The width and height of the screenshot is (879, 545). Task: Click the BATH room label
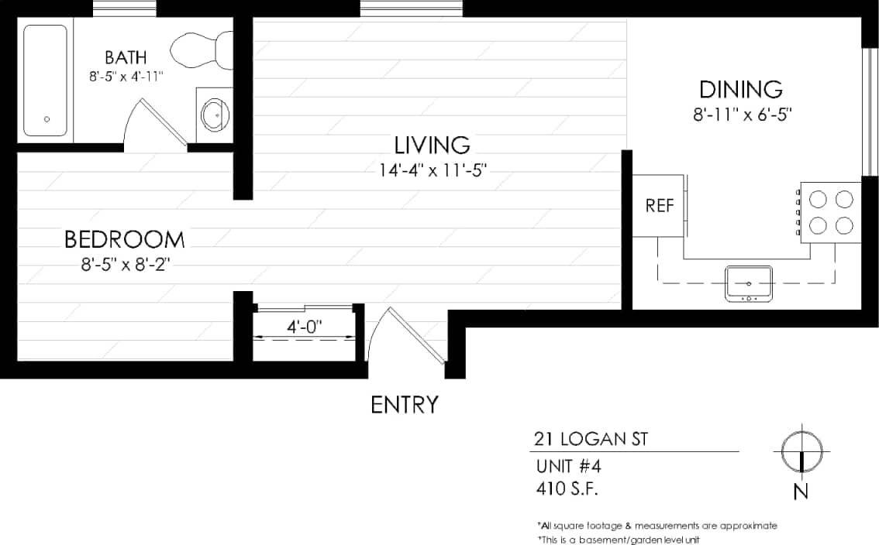[x=126, y=57]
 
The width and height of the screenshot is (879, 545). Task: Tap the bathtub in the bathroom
[x=45, y=81]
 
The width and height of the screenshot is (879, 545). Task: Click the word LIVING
[x=432, y=145]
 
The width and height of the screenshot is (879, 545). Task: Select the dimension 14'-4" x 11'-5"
[x=433, y=170]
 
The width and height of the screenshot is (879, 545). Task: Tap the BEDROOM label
[x=125, y=239]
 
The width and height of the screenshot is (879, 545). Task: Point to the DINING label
[x=740, y=88]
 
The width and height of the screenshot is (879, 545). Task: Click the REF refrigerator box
[x=659, y=207]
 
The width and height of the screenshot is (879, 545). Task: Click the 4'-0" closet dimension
[x=305, y=327]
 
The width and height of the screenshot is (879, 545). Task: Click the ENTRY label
[x=404, y=405]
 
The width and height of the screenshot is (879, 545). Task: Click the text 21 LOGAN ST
[x=591, y=440]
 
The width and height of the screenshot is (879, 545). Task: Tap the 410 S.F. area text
[x=567, y=488]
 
